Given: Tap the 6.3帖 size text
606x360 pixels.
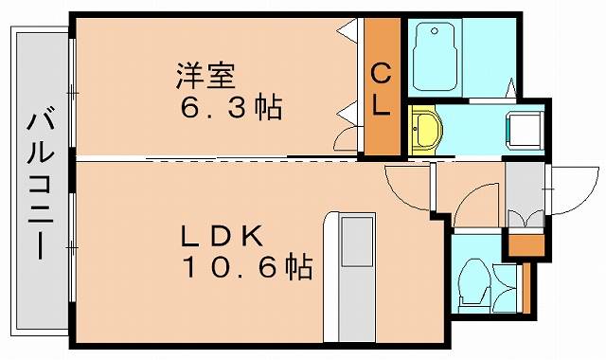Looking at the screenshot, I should [x=230, y=107].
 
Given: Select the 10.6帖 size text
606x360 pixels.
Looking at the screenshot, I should [x=247, y=268].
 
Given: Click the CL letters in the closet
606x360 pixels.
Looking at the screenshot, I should [x=382, y=87].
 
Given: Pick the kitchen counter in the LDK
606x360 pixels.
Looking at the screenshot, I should [x=354, y=275].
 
